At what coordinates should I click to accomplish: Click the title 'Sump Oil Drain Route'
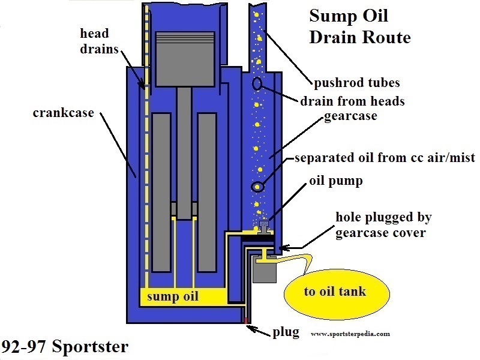(x=359, y=26)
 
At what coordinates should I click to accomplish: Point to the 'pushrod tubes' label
(x=356, y=82)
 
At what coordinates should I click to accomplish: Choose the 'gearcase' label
(x=350, y=116)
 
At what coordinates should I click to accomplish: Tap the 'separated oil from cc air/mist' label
(x=384, y=158)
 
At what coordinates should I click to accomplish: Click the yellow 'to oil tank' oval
(x=334, y=292)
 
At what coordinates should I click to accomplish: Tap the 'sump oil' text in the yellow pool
(x=173, y=296)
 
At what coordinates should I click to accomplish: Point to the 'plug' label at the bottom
(x=286, y=332)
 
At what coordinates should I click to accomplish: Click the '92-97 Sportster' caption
(x=64, y=347)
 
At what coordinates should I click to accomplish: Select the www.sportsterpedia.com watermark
(x=351, y=334)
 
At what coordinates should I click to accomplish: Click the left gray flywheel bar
(x=160, y=191)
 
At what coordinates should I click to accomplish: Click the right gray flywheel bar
(x=206, y=191)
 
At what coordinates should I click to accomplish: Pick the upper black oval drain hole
(x=257, y=85)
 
